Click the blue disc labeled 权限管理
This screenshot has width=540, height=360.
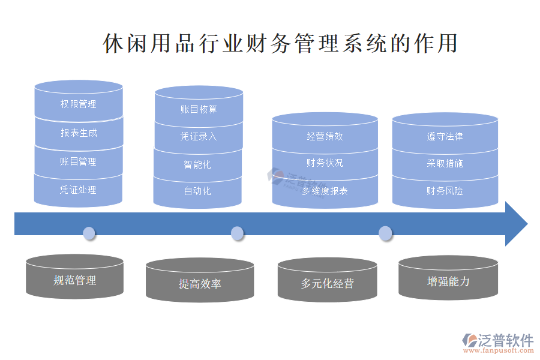pos(79,104)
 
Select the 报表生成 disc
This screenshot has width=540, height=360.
pos(79,133)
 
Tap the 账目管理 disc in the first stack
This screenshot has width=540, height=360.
pos(79,161)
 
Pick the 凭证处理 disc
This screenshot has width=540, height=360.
pos(79,190)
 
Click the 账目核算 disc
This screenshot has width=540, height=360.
pos(199,109)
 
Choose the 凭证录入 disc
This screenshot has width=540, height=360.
pos(199,136)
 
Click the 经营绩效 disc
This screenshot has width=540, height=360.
pos(325,136)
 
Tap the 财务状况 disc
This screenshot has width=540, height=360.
pos(325,163)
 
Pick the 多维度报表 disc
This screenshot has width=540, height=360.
pos(325,191)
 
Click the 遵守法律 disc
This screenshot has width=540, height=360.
pos(445,136)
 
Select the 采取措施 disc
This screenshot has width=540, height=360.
pos(445,163)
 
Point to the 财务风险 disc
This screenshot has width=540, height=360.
pos(445,191)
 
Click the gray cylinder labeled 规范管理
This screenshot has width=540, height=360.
pos(75,280)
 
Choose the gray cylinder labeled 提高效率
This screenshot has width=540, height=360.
pos(200,283)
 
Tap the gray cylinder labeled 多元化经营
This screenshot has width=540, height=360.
pos(328,283)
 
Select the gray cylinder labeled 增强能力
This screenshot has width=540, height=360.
pos(448,281)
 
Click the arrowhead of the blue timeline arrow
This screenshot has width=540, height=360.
pos(515,224)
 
